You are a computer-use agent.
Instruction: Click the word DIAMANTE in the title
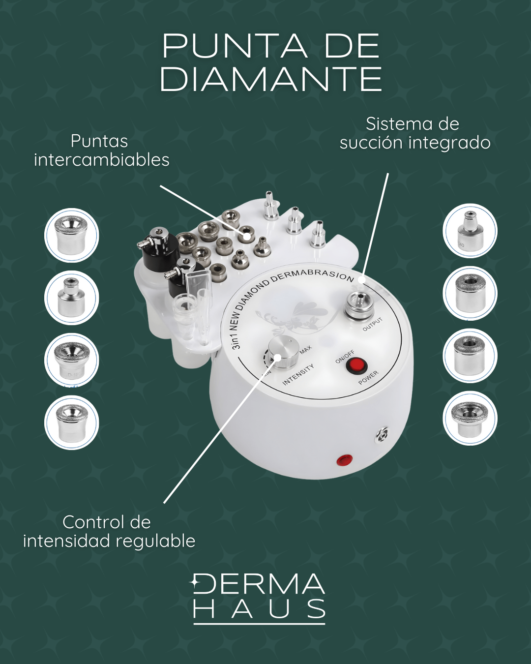(271, 79)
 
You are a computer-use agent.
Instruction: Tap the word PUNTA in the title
(235, 46)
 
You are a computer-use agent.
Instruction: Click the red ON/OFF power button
(355, 365)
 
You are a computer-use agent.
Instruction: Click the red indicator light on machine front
(345, 460)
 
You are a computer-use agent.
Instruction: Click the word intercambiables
(102, 160)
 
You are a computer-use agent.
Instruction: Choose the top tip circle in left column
(72, 236)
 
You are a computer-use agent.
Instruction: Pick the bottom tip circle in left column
(72, 423)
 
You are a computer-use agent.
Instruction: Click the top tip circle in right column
(470, 231)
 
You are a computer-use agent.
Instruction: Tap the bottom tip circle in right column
(470, 418)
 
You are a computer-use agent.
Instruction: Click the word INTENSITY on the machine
(298, 375)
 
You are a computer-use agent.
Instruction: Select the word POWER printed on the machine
(368, 377)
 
